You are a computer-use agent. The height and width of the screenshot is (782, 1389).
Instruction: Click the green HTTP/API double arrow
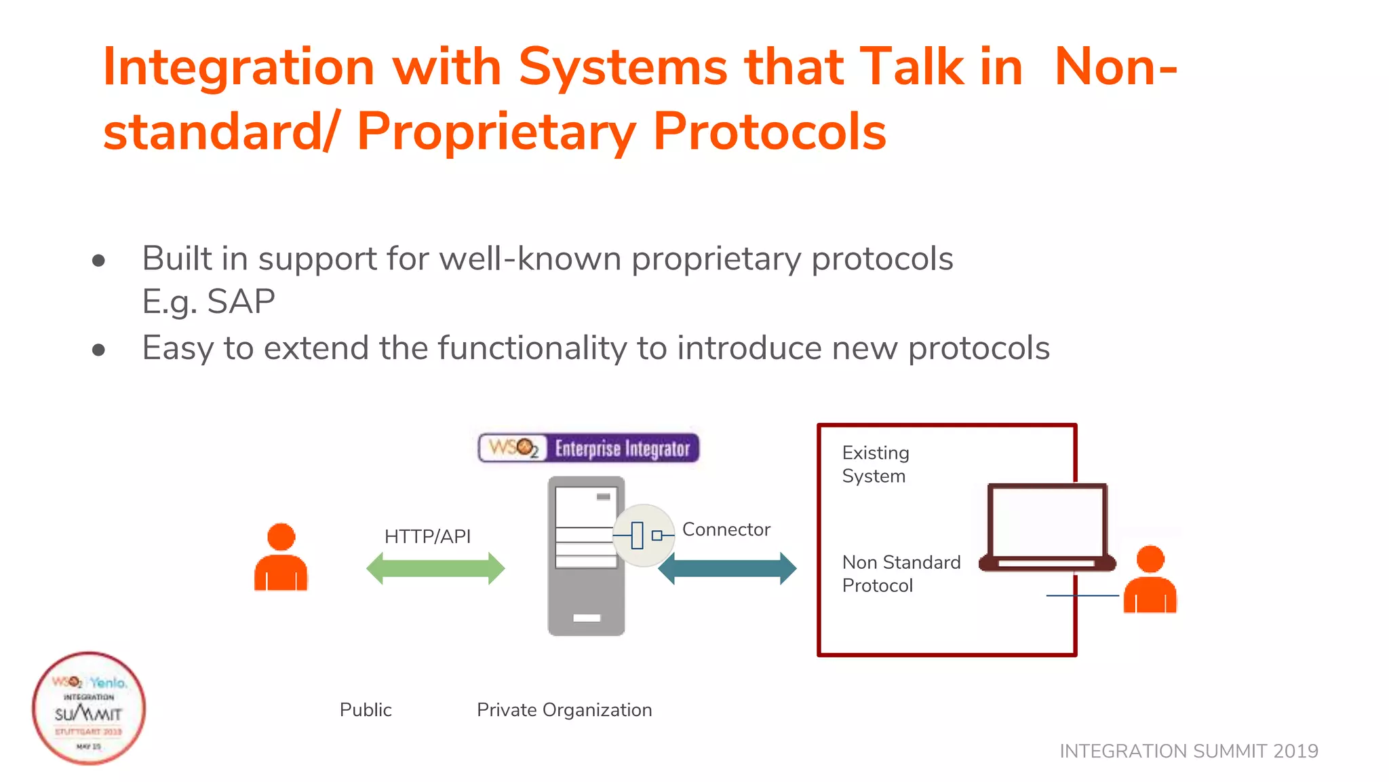tap(435, 569)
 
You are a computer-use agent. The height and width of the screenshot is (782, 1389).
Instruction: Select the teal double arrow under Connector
tap(727, 569)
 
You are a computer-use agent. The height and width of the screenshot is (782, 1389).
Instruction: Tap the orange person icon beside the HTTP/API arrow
tap(281, 558)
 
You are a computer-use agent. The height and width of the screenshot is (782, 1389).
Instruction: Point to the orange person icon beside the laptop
tap(1150, 580)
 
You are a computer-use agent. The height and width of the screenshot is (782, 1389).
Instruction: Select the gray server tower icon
tap(585, 557)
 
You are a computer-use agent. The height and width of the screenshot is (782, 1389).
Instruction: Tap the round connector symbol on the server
tap(643, 536)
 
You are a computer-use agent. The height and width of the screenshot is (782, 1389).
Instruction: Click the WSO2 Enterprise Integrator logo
tap(588, 448)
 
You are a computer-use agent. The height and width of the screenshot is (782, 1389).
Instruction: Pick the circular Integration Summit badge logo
tap(89, 709)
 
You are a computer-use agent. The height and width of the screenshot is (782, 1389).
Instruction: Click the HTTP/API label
tap(427, 536)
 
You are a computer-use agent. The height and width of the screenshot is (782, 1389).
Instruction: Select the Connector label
tap(726, 529)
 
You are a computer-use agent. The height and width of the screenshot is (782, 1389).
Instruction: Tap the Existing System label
tap(875, 464)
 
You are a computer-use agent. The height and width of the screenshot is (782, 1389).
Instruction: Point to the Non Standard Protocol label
tap(901, 574)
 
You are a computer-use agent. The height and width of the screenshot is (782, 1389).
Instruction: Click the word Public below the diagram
tap(366, 710)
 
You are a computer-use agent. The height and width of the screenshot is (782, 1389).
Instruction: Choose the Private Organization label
tap(564, 710)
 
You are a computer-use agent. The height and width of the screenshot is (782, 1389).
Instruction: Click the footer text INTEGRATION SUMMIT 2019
tap(1188, 751)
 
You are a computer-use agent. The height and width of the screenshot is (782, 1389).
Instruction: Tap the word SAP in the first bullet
tap(241, 301)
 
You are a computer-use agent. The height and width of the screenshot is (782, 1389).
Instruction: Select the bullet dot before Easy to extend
tap(99, 350)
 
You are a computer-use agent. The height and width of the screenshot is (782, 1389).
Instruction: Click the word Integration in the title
tap(239, 67)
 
